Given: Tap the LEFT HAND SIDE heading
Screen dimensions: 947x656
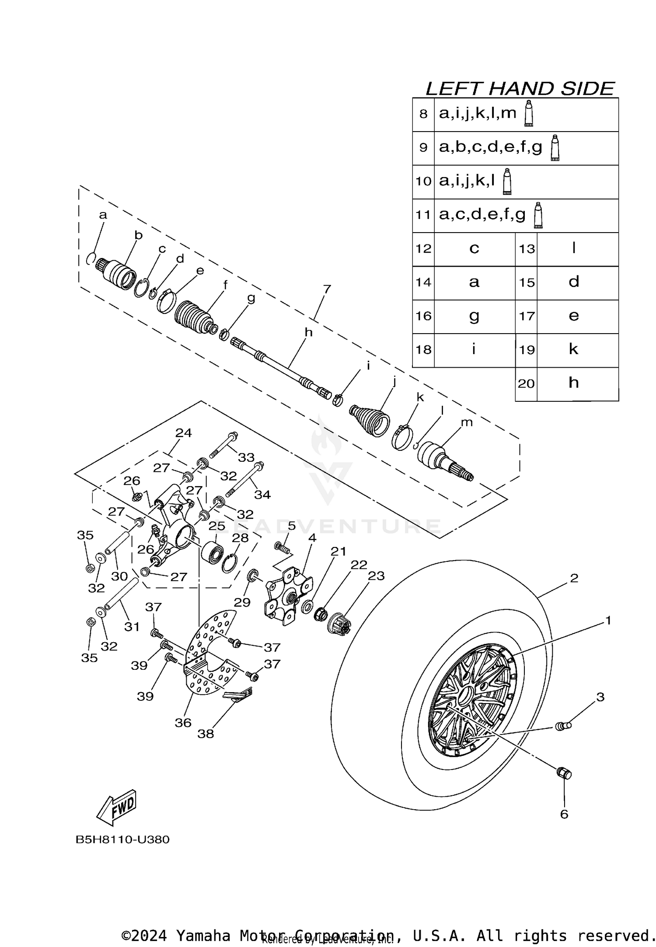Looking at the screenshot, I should pos(520,89).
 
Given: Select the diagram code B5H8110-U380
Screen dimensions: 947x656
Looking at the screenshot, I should pos(122,840).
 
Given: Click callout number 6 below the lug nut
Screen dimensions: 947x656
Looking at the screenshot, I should pos(564,814).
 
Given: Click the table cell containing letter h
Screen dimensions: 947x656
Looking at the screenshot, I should pos(574,383).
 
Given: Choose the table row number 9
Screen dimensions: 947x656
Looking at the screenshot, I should pos(423,148).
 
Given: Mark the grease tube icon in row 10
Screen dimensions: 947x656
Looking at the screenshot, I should pos(507,181).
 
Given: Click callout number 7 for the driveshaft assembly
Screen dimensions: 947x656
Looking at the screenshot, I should pos(327,289).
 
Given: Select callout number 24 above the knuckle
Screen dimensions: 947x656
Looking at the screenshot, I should pos(184,433).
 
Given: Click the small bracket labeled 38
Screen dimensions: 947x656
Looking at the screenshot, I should pos(238,694).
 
